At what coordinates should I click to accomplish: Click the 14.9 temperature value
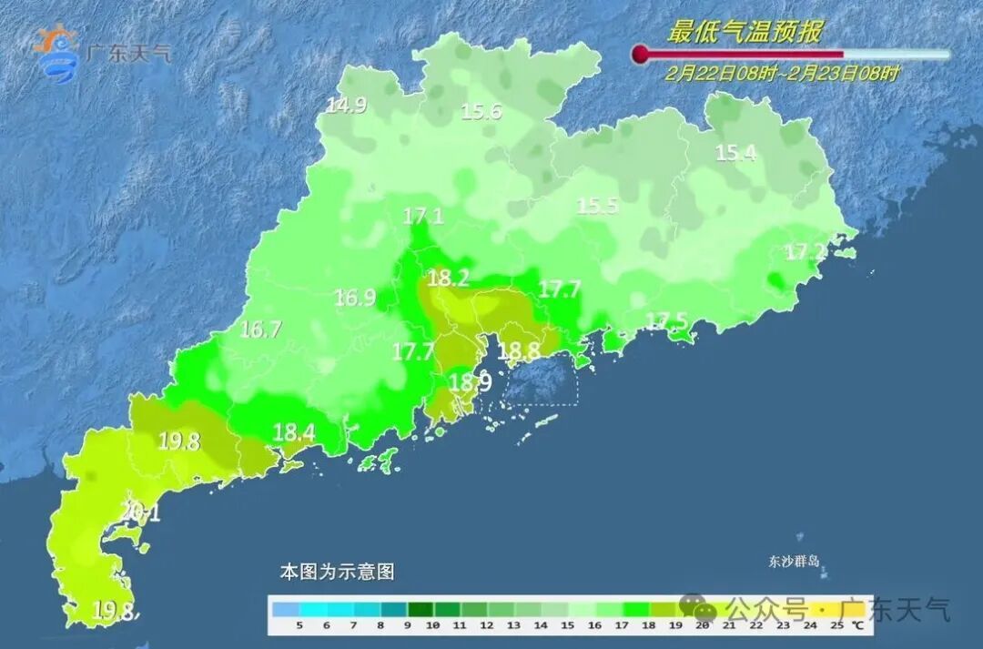coord(346,106)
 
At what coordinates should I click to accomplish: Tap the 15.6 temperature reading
coord(481,112)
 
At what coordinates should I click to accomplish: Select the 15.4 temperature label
coord(735,153)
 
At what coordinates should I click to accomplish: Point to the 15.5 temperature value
coord(598,207)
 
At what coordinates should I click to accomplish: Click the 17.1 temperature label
coord(423,217)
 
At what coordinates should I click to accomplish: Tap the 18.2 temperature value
coord(447,279)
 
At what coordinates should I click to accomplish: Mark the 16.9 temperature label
coord(355,297)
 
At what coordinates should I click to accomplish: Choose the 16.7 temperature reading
coord(260,330)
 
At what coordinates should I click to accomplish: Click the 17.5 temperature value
coord(666,320)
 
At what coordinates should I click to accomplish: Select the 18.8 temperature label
coord(520,350)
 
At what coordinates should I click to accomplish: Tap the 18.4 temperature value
coord(294,432)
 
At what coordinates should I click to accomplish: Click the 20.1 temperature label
coord(140,513)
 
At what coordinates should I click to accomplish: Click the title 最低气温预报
coord(745,33)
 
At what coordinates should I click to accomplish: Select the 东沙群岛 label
coord(794,562)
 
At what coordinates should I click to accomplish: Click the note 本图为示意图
coord(337,572)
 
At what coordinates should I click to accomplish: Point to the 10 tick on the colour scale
coord(432,625)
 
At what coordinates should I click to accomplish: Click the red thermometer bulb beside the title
coord(641,55)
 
